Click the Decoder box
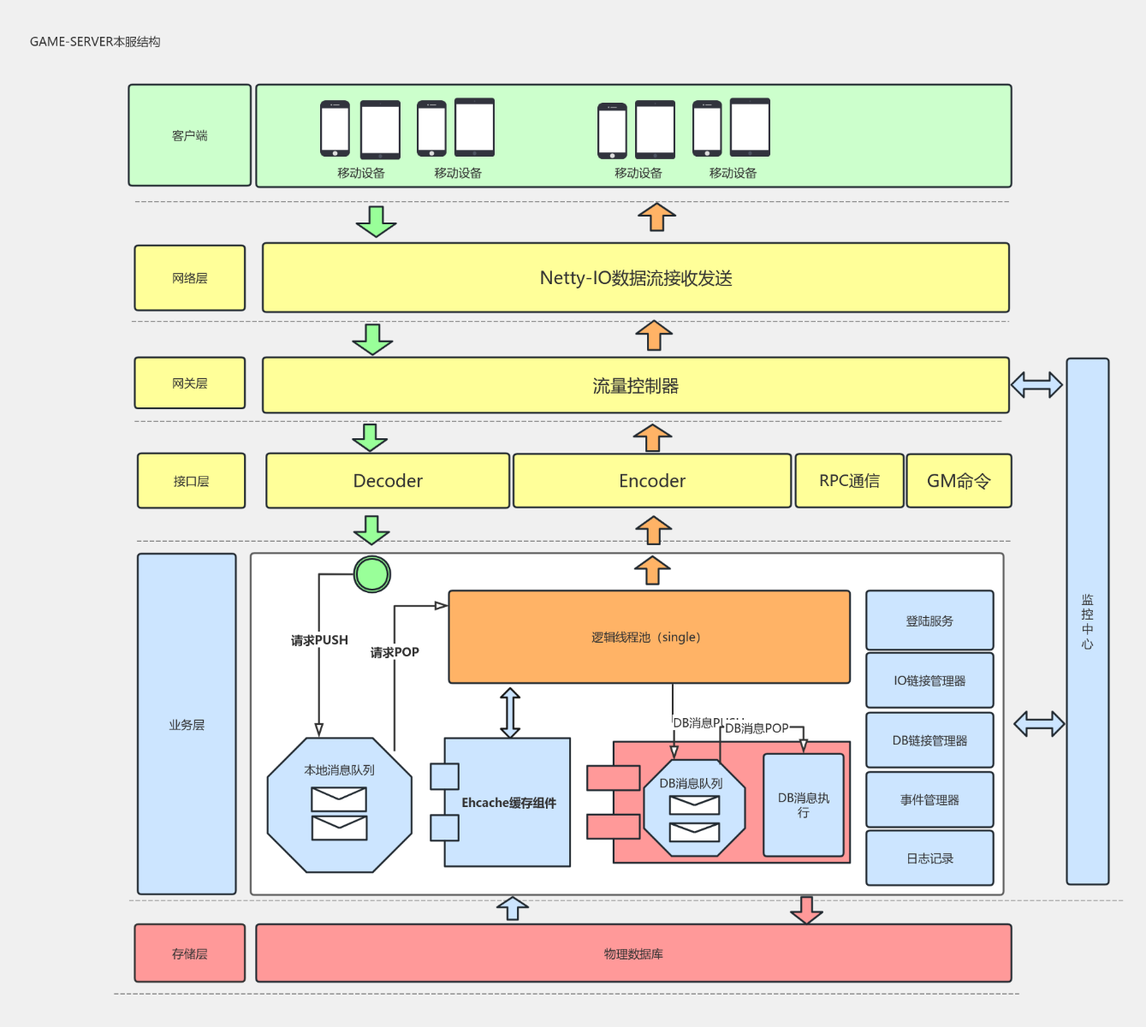(x=388, y=481)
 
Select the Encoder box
(x=651, y=481)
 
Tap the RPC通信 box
(x=849, y=481)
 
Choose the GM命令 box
(x=959, y=481)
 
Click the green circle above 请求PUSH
(x=372, y=573)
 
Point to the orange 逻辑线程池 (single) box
(x=649, y=637)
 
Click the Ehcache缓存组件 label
(x=508, y=803)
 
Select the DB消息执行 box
(x=803, y=804)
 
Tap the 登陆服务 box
(x=929, y=620)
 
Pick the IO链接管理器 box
(x=929, y=680)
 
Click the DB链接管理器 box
(x=929, y=740)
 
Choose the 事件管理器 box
(x=929, y=799)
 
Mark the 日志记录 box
(x=929, y=858)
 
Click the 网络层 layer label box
(x=190, y=278)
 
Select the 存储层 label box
(x=190, y=953)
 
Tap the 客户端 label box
(x=190, y=135)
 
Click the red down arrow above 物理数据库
(x=806, y=911)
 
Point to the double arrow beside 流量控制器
(x=1036, y=385)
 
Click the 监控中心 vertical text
(x=1087, y=622)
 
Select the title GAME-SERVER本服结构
(x=95, y=42)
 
